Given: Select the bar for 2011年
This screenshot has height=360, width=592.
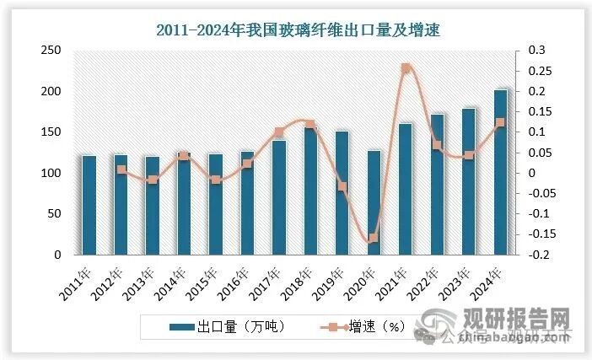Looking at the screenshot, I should click(89, 205).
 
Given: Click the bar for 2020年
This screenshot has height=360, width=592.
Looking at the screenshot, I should click(374, 202).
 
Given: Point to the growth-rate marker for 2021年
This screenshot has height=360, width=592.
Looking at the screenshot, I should click(406, 68).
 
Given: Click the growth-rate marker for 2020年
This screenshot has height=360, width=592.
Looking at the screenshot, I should click(374, 239).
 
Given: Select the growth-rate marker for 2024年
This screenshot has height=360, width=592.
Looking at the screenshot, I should click(500, 123).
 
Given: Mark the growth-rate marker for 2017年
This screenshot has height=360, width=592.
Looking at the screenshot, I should click(279, 132).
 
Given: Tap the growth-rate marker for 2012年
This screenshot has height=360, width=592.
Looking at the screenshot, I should click(121, 169).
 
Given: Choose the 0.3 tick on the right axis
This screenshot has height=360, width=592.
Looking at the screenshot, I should click(536, 51).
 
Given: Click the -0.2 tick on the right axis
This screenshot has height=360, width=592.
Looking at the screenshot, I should click(539, 255).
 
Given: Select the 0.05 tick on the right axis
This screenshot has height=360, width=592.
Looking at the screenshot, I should click(539, 153).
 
